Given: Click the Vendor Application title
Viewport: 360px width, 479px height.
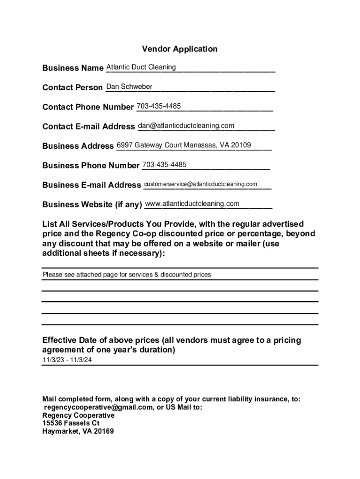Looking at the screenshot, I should coord(180,49).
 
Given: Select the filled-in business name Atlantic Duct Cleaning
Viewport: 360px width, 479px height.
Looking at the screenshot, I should coord(141,67).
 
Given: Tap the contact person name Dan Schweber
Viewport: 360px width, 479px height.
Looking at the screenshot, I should coord(130,87).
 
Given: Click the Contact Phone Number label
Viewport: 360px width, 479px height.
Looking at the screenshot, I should coord(88,107).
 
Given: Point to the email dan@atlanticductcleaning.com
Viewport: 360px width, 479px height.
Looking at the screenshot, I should coord(186,126).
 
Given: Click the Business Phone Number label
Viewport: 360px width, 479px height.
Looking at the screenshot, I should coord(91,166).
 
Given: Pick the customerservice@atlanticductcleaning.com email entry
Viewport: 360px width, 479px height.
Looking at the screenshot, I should coord(201,184).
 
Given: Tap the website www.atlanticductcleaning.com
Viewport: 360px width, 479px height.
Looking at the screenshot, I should coord(192,204).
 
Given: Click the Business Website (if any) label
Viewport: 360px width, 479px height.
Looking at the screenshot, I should coord(92,204).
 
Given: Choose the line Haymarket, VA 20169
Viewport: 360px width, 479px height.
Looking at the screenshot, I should coord(78,431).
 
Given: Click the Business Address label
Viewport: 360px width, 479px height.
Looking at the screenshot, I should coord(78,146).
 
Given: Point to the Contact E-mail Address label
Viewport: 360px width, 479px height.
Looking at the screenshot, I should coord(88,127).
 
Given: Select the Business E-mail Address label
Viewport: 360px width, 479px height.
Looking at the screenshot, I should coord(91,185).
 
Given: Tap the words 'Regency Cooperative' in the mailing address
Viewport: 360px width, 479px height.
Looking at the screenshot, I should coord(78,415).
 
